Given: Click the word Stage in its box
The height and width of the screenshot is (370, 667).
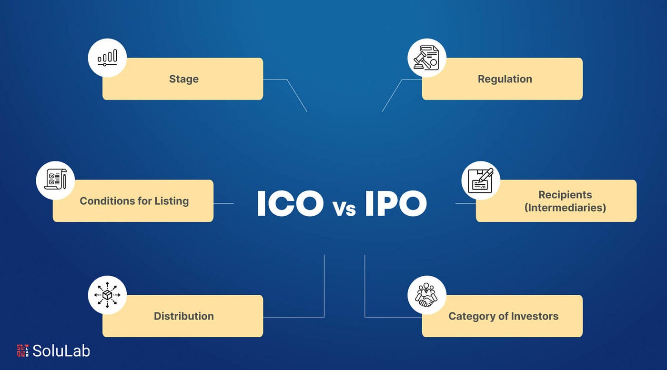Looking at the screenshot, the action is [x=183, y=79].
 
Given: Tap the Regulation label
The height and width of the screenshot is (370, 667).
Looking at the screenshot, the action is [x=505, y=79].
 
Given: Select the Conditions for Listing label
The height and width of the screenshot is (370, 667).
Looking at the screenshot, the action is [x=134, y=201].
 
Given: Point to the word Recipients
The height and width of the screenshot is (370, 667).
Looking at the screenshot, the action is [x=565, y=195].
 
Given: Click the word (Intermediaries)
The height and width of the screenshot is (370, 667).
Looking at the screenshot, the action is [x=565, y=208].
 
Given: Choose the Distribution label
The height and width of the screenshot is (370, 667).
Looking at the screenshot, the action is [x=183, y=316].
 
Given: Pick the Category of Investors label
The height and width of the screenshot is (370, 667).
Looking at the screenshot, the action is [x=503, y=316].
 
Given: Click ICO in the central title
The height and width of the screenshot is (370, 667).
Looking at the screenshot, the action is [x=290, y=204].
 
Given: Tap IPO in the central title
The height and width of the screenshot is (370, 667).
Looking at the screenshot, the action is [x=395, y=204].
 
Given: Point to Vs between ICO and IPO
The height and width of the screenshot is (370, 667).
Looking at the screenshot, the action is [x=344, y=209].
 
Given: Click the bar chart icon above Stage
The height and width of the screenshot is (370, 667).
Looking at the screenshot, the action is [x=107, y=58].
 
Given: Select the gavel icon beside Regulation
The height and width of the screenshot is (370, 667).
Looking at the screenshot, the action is [x=426, y=58].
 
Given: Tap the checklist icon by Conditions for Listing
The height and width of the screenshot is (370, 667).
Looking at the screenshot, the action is [x=55, y=180].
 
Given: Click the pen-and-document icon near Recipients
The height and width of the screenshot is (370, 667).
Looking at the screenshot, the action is [x=480, y=180].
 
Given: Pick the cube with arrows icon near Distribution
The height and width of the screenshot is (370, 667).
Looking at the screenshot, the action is [x=107, y=295].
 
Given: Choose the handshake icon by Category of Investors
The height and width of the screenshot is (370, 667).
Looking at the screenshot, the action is [x=426, y=295].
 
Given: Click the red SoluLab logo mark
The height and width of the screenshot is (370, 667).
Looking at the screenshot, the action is [x=23, y=351].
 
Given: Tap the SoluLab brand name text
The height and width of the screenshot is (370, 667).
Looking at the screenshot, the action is [x=61, y=351].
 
